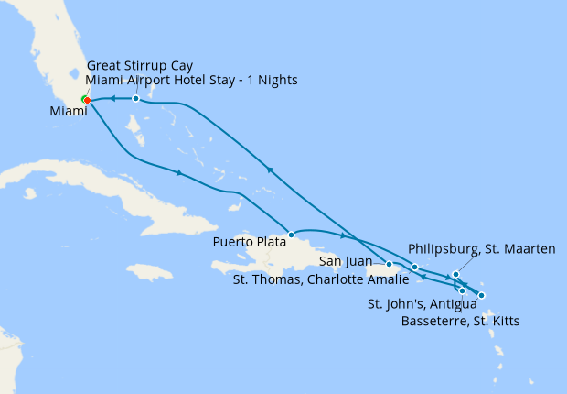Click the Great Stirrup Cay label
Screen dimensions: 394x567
[x=141, y=65]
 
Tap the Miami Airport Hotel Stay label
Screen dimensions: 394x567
[x=192, y=80]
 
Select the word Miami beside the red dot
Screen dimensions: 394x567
[x=70, y=112]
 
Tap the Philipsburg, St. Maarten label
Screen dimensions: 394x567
[x=479, y=248]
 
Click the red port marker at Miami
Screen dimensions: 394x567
[x=87, y=100]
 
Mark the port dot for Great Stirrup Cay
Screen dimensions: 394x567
[x=135, y=98]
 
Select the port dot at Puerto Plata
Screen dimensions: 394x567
[x=291, y=235]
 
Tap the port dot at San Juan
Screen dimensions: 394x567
[x=390, y=264]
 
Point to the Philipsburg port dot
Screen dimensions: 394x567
[x=455, y=275]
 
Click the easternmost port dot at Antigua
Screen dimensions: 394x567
[x=482, y=295]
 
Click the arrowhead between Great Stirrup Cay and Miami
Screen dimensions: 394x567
[x=112, y=98]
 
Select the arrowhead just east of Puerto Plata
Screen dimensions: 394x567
[x=340, y=235]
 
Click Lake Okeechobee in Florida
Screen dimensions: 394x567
[x=75, y=68]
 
